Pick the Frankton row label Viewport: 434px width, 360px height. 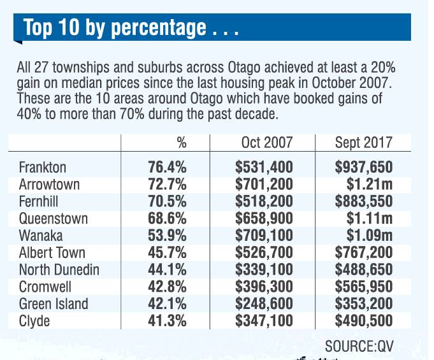tap(43, 168)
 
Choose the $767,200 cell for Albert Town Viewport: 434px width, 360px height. tap(363, 253)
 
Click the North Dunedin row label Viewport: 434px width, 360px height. tap(59, 270)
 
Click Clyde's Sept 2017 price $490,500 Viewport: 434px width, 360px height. tap(363, 320)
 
